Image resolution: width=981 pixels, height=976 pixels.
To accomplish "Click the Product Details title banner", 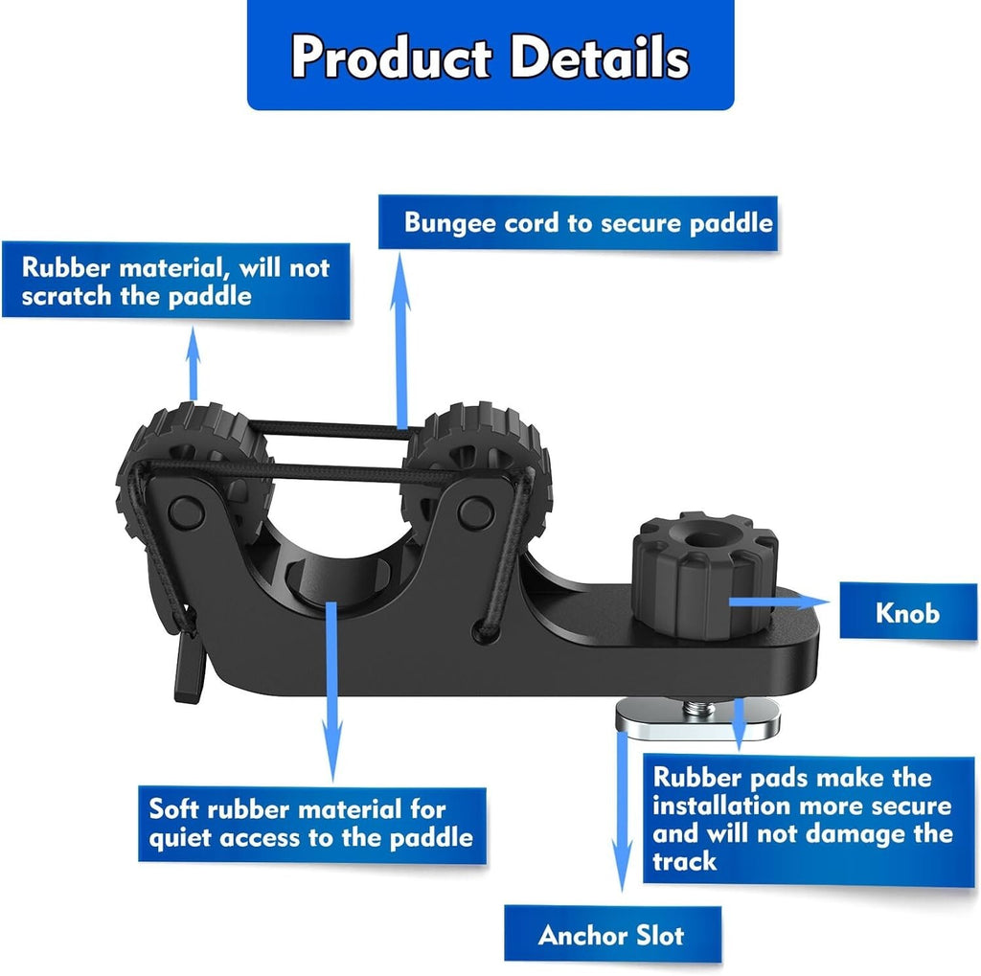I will [x=490, y=55].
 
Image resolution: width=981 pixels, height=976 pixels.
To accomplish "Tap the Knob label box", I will [x=907, y=611].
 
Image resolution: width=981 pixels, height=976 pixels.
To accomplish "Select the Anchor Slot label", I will [x=611, y=934].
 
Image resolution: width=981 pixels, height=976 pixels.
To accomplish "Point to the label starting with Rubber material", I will [x=174, y=281].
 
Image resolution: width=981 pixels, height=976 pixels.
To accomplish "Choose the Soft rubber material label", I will [x=311, y=823].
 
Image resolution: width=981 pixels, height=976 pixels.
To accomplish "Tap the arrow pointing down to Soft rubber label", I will [x=331, y=690].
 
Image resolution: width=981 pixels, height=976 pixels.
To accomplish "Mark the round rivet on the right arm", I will [x=471, y=511].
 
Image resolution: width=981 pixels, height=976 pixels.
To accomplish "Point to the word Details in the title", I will [x=598, y=57].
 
